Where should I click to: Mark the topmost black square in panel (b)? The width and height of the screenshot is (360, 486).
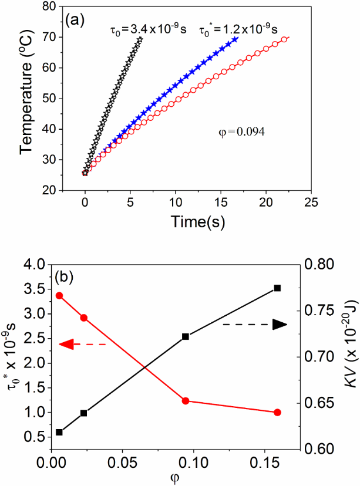pos(278,288)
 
